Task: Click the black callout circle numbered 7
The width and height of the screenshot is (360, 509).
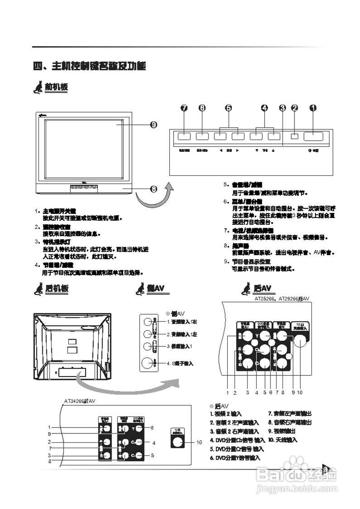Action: pyautogui.click(x=184, y=108)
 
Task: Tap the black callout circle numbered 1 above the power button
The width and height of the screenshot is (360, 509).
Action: pyautogui.click(x=313, y=108)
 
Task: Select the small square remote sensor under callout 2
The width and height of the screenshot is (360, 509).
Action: pyautogui.click(x=294, y=136)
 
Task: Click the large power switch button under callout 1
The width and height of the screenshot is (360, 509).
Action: pyautogui.click(x=313, y=136)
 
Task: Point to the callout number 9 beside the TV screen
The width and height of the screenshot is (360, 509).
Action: pyautogui.click(x=153, y=125)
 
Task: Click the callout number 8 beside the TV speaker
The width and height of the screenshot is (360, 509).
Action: pyautogui.click(x=153, y=188)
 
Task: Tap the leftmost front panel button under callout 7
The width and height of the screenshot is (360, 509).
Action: pyautogui.click(x=184, y=136)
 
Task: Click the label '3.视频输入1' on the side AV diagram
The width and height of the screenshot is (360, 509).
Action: pyautogui.click(x=179, y=346)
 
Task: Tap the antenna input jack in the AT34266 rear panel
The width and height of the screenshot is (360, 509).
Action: pyautogui.click(x=177, y=442)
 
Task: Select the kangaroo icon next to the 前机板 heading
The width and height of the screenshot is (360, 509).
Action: pyautogui.click(x=38, y=87)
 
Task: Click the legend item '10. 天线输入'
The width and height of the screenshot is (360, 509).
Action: pyautogui.click(x=283, y=440)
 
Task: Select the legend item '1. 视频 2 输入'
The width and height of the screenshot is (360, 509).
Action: pyautogui.click(x=226, y=414)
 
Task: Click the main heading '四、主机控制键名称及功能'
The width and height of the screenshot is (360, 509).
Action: pyautogui.click(x=89, y=66)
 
